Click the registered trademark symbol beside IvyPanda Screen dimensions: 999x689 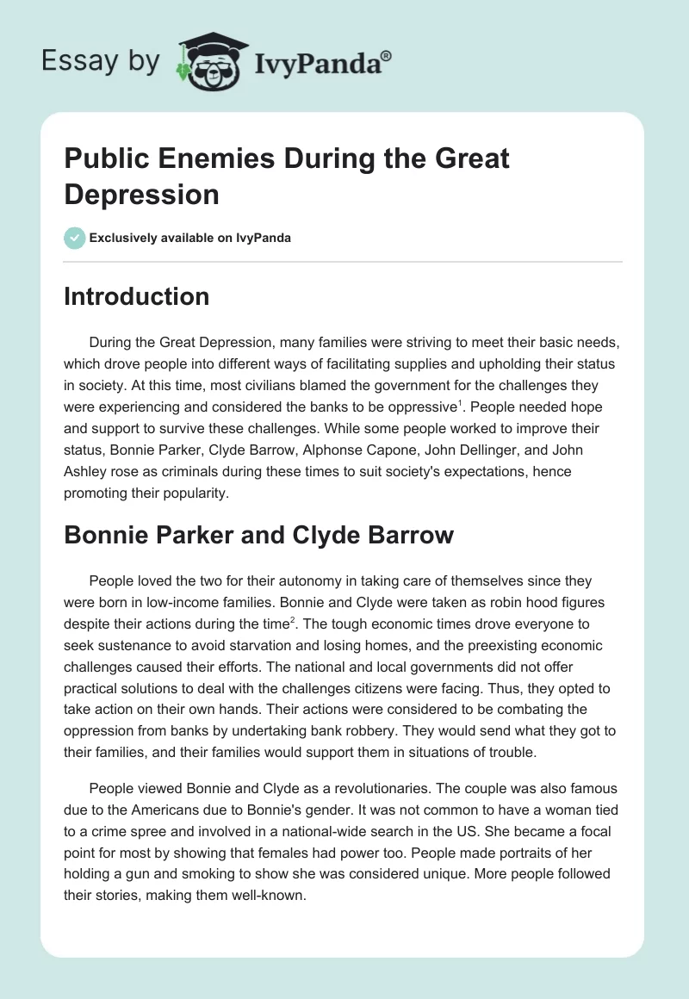click(388, 55)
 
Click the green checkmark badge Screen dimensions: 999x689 click(75, 238)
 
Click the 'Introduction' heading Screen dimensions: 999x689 click(136, 296)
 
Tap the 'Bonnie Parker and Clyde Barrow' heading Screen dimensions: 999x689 click(258, 535)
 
